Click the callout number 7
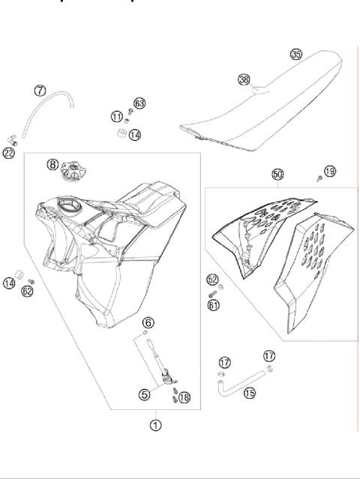tap(40, 91)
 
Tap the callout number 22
tap(9, 153)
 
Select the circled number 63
tap(139, 103)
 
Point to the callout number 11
tap(116, 116)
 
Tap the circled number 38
tap(244, 79)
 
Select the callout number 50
tap(277, 174)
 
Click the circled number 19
tap(329, 171)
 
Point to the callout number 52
tap(212, 280)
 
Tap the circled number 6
tap(148, 322)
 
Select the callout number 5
tap(145, 392)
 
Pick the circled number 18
tap(185, 397)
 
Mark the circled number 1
tap(155, 424)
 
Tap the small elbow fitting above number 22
tap(13, 140)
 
